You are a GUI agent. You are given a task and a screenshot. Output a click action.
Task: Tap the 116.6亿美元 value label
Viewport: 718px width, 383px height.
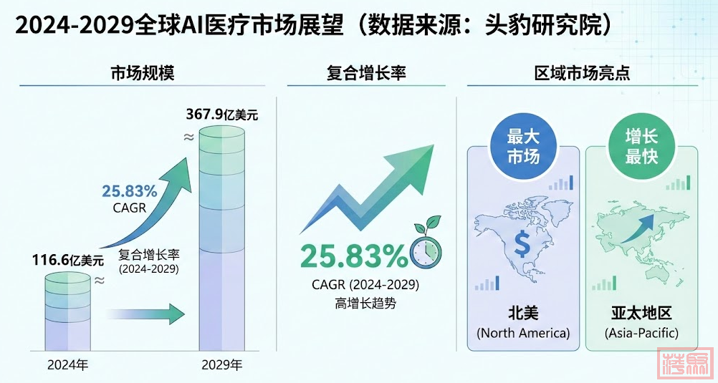67,260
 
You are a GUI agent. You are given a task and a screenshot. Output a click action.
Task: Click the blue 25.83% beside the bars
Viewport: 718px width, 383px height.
129,191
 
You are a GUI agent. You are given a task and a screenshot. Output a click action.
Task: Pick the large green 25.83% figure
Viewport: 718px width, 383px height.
353,256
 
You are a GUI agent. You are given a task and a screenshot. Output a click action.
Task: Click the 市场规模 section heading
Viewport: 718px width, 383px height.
143,73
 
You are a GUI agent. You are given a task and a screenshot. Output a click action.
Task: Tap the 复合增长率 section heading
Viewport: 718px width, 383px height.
367,73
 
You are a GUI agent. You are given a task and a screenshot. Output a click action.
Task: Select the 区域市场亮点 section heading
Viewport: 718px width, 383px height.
582,73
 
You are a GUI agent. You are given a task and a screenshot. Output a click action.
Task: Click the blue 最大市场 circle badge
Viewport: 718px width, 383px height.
522,146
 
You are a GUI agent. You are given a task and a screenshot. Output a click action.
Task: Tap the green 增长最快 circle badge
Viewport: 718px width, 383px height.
641,146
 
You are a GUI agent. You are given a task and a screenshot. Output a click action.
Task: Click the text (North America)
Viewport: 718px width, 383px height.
523,333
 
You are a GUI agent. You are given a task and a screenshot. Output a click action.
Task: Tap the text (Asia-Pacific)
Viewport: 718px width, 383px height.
641,333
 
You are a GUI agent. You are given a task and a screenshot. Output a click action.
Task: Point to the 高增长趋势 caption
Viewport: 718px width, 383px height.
365,303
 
